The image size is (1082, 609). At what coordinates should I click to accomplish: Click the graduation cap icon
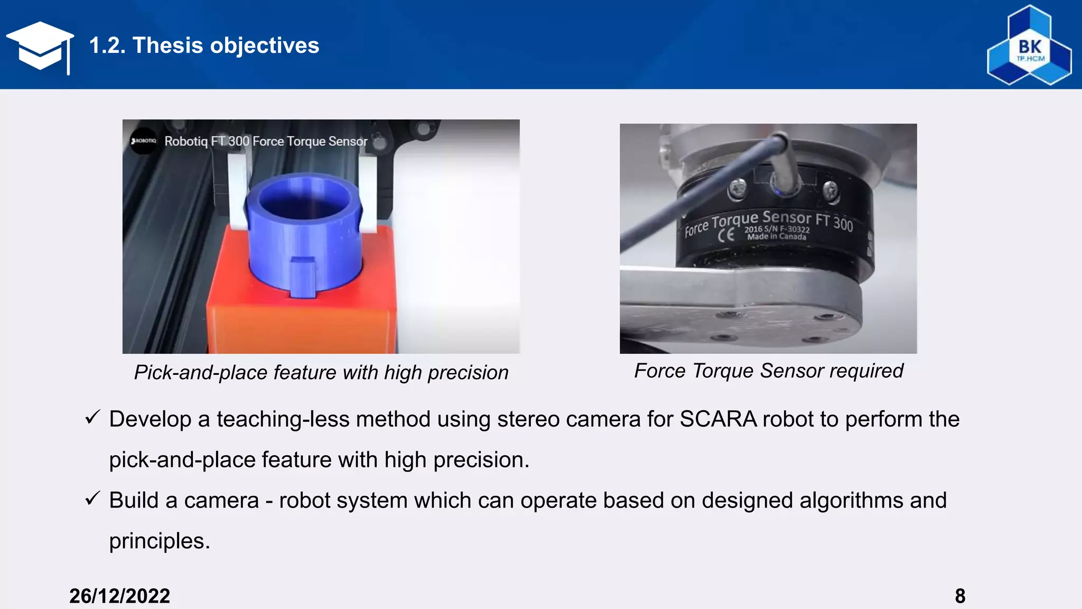tap(40, 47)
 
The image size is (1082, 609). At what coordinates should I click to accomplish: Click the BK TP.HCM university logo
tap(1029, 47)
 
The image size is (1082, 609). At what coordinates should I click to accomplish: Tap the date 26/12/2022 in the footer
tap(119, 596)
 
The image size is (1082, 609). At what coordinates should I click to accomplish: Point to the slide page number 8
tap(960, 596)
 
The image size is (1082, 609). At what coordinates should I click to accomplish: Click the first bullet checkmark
tap(92, 417)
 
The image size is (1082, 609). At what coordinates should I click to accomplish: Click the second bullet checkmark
tap(92, 498)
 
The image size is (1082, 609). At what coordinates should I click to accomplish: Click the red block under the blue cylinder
tap(301, 317)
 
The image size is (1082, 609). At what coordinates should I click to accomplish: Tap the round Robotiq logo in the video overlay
tap(144, 141)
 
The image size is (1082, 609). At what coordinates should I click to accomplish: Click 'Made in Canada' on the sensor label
tap(777, 237)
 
